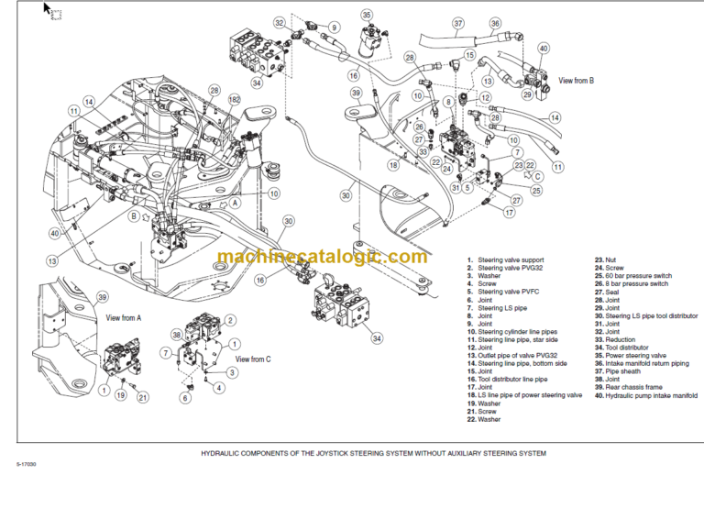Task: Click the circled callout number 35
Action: [x=368, y=15]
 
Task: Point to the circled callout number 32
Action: [x=280, y=22]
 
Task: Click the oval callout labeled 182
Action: [x=235, y=98]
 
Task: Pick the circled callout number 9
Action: [x=334, y=27]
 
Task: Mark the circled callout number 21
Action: [x=142, y=397]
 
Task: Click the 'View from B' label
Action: [x=577, y=81]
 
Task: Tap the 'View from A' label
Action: [x=124, y=318]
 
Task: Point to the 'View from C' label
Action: [x=254, y=359]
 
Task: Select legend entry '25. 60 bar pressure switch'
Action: [x=632, y=275]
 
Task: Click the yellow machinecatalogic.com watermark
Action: [x=322, y=257]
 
